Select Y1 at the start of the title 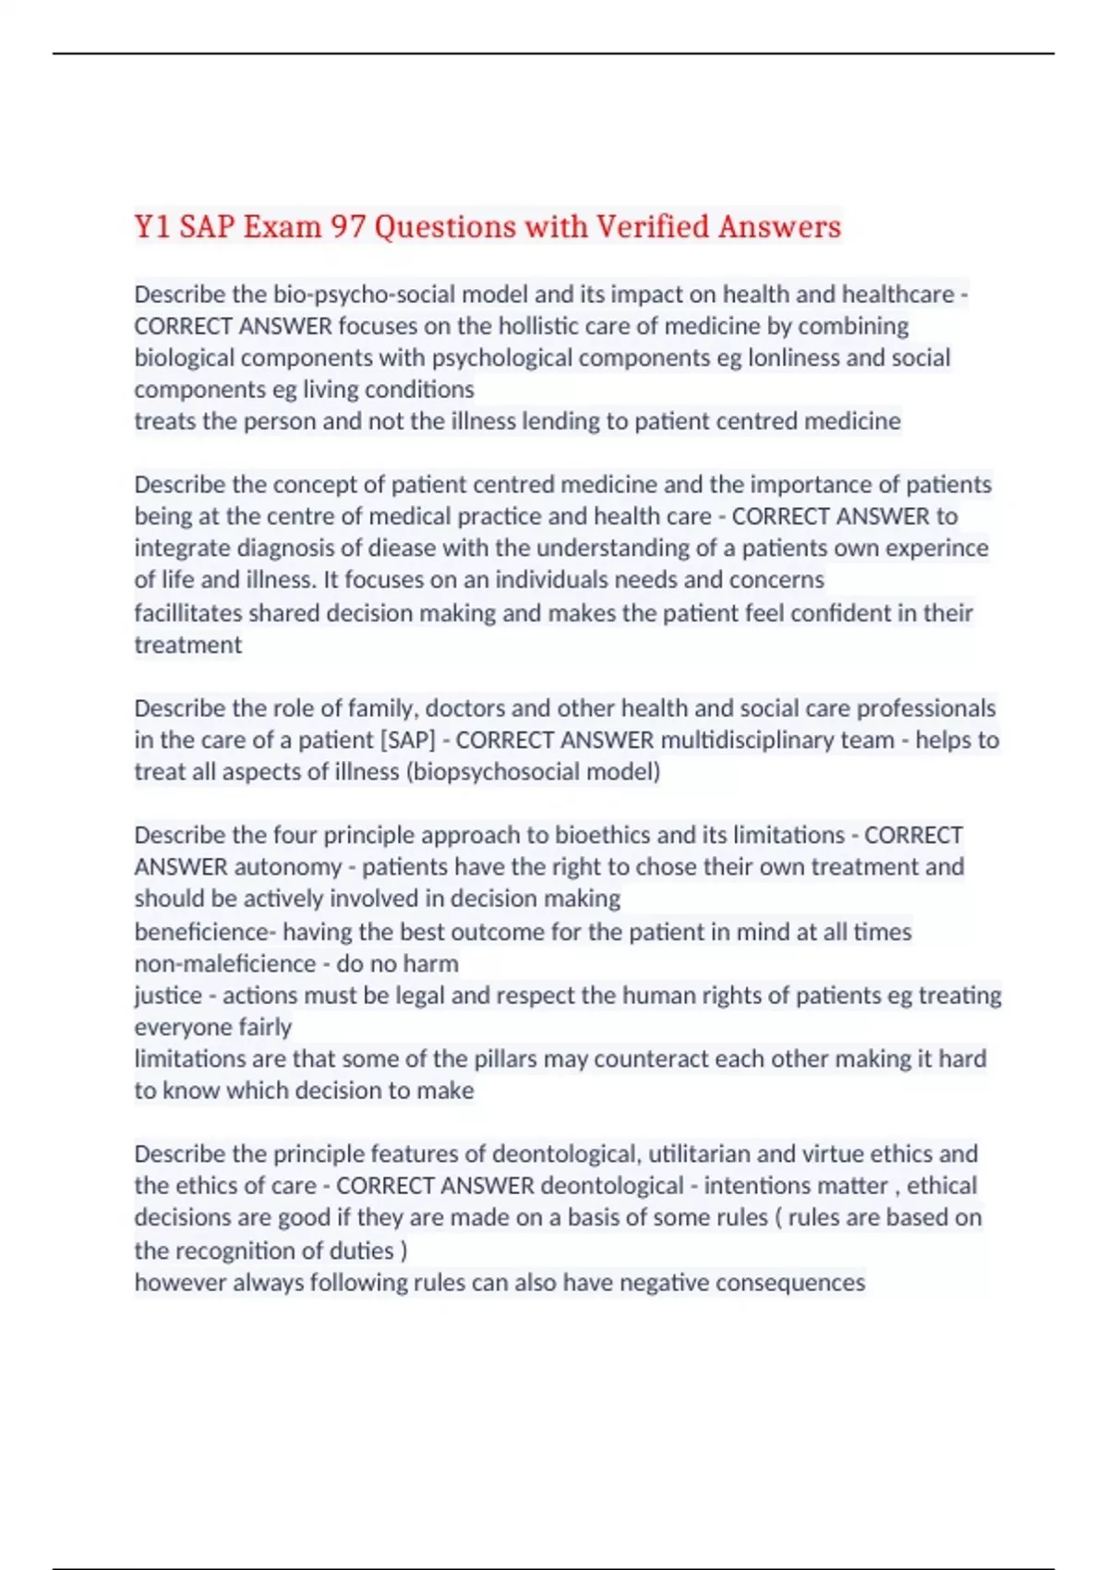152,226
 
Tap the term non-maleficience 225,963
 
